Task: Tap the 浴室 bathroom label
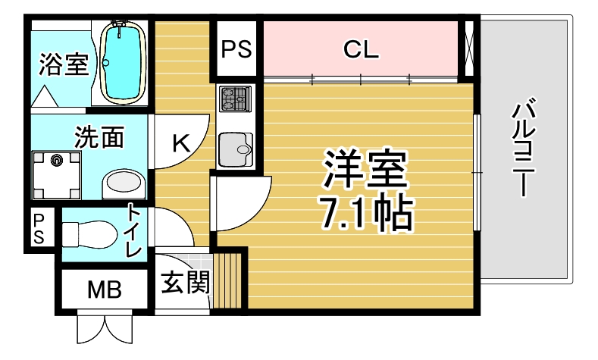tap(64, 64)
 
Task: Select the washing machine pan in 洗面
tap(56, 175)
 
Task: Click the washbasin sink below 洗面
tap(124, 184)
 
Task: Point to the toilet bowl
tap(89, 233)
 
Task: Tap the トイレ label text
tap(134, 230)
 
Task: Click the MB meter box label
tap(105, 290)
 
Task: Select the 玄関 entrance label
tap(186, 283)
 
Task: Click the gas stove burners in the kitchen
tap(235, 99)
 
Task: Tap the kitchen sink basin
tap(236, 149)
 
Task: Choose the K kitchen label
tap(181, 143)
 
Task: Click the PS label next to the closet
tap(236, 49)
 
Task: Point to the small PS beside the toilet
tap(39, 228)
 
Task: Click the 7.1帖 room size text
tap(366, 214)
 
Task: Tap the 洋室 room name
tap(365, 168)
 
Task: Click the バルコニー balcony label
tap(524, 147)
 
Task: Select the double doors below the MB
tap(105, 327)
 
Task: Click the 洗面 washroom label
tap(99, 137)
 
